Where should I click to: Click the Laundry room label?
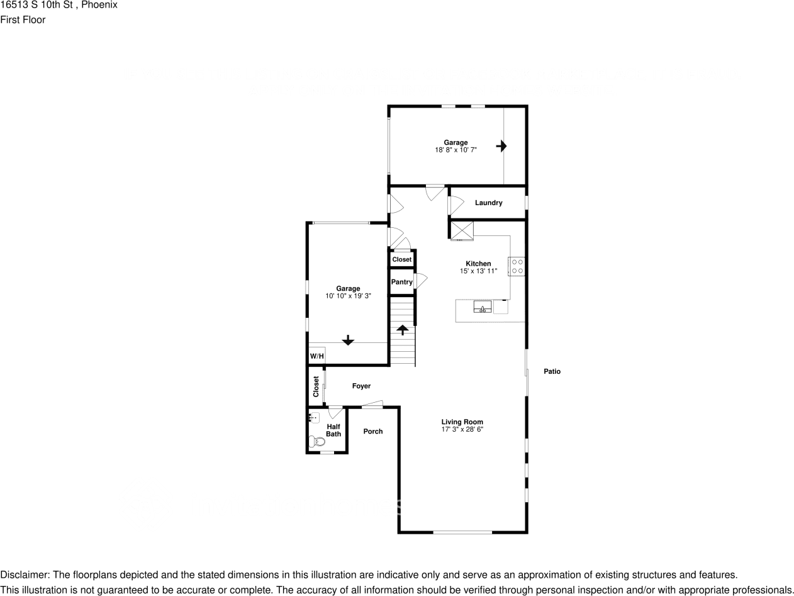488,203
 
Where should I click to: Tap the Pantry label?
401,282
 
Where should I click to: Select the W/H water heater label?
316,357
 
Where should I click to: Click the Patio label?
552,371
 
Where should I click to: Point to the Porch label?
373,431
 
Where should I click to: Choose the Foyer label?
361,386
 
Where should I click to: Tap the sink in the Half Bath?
314,417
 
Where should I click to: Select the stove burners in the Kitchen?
517,266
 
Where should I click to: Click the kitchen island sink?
483,307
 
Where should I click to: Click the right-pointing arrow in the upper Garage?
501,146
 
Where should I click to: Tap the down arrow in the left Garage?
348,340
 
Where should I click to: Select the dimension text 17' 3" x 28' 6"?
462,430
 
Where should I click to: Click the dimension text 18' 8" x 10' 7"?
456,150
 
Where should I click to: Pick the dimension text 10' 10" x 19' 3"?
348,296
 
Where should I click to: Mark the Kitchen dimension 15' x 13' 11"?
478,271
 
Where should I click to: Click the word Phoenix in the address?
99,5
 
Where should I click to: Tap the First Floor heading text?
23,20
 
